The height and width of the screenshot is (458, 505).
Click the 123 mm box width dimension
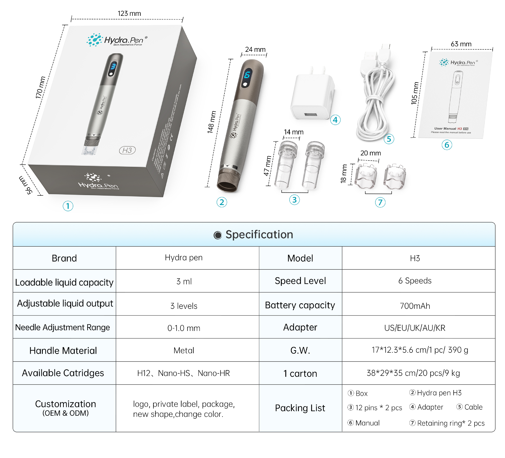coord(129,14)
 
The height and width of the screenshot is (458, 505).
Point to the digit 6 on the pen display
coord(247,75)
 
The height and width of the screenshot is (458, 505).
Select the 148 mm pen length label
coord(212,122)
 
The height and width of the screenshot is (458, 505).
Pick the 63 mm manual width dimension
coord(461,44)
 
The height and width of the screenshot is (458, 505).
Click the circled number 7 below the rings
coord(380,202)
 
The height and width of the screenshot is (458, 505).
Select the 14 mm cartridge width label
coord(294,132)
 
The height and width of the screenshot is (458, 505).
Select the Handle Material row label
coord(63,351)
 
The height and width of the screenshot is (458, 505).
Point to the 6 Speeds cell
coord(415,281)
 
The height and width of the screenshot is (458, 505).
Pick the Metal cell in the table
coord(184,351)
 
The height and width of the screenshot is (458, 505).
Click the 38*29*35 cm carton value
coord(413,373)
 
